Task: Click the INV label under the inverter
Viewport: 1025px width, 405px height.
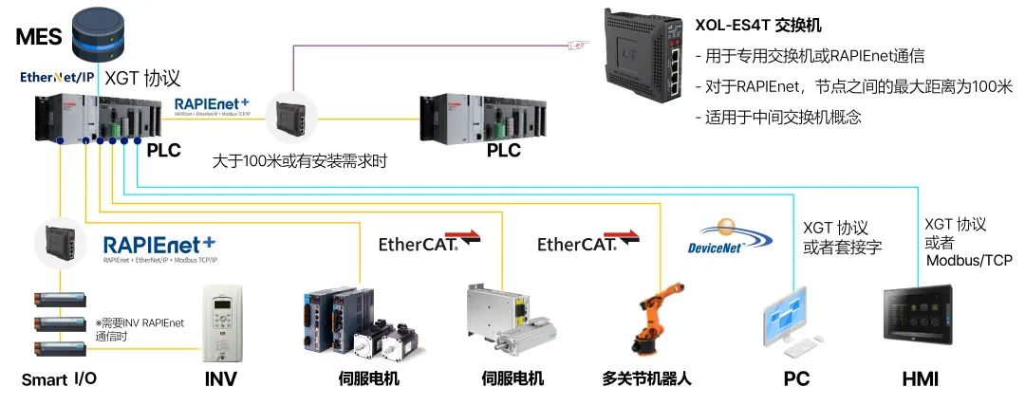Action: point(220,379)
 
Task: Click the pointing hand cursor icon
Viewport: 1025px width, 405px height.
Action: point(577,43)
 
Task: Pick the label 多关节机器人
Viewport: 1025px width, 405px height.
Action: point(646,379)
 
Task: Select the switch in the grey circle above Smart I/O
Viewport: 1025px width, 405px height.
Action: point(59,244)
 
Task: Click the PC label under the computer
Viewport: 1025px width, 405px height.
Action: point(796,379)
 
